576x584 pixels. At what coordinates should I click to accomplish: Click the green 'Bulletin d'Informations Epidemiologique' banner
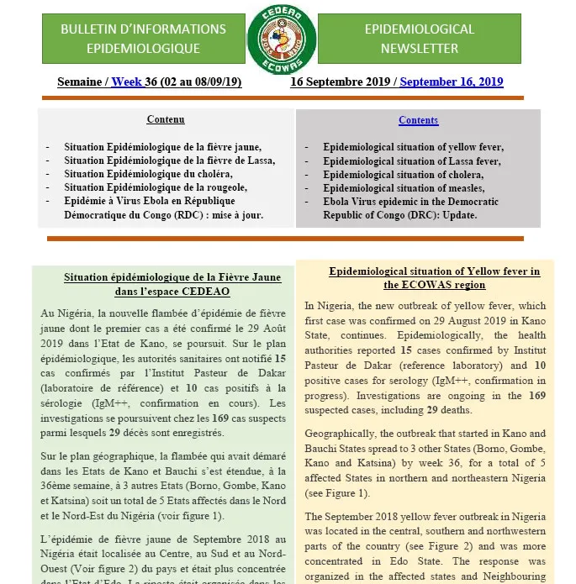pos(143,39)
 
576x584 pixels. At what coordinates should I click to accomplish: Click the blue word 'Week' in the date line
pos(127,82)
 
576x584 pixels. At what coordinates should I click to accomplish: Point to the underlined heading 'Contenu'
pos(166,120)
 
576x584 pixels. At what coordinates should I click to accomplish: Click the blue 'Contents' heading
pos(418,120)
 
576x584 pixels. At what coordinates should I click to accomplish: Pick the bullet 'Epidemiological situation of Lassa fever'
pos(412,160)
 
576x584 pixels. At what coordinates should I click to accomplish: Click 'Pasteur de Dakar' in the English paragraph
pos(344,365)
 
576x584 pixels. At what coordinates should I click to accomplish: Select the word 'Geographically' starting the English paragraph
pos(345,434)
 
